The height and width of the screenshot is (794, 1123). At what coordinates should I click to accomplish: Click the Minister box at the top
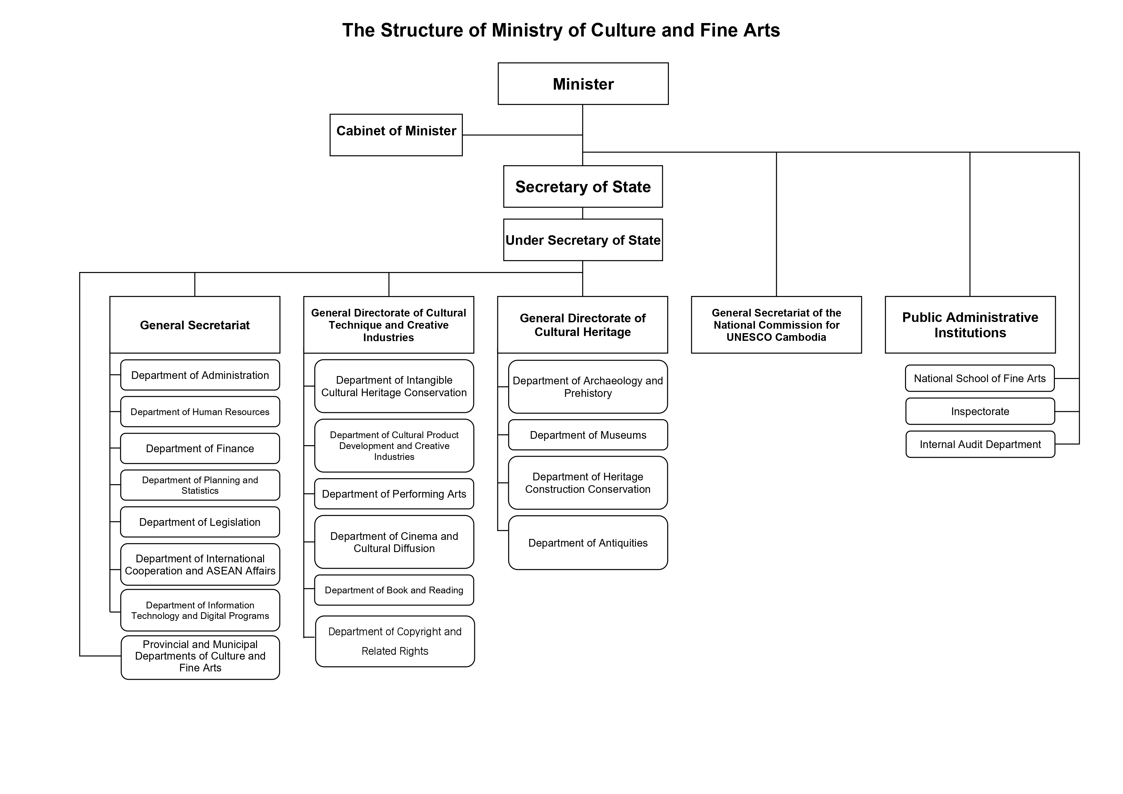coord(583,84)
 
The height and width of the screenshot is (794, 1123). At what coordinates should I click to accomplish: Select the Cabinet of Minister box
coord(396,135)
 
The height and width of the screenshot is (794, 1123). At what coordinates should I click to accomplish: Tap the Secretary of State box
coord(583,186)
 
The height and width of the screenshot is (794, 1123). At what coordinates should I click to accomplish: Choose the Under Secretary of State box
coord(583,240)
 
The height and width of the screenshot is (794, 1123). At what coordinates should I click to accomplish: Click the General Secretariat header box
coord(195,325)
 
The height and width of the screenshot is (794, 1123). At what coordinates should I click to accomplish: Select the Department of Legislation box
coord(200,522)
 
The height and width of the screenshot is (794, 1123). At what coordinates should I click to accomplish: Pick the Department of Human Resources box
coord(200,412)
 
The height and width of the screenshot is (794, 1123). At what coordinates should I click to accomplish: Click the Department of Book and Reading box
coord(394,590)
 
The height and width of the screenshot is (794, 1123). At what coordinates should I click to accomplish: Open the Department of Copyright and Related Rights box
coord(395,641)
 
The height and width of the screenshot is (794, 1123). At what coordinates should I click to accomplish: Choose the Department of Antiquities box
coord(588,542)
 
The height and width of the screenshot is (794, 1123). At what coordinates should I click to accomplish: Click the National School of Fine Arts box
coord(980,378)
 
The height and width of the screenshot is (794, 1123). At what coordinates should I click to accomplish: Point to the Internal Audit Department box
coord(980,444)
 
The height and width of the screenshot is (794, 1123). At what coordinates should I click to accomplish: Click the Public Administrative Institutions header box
coord(970,325)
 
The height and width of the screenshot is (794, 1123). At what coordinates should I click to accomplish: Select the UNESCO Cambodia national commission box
coord(776,325)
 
